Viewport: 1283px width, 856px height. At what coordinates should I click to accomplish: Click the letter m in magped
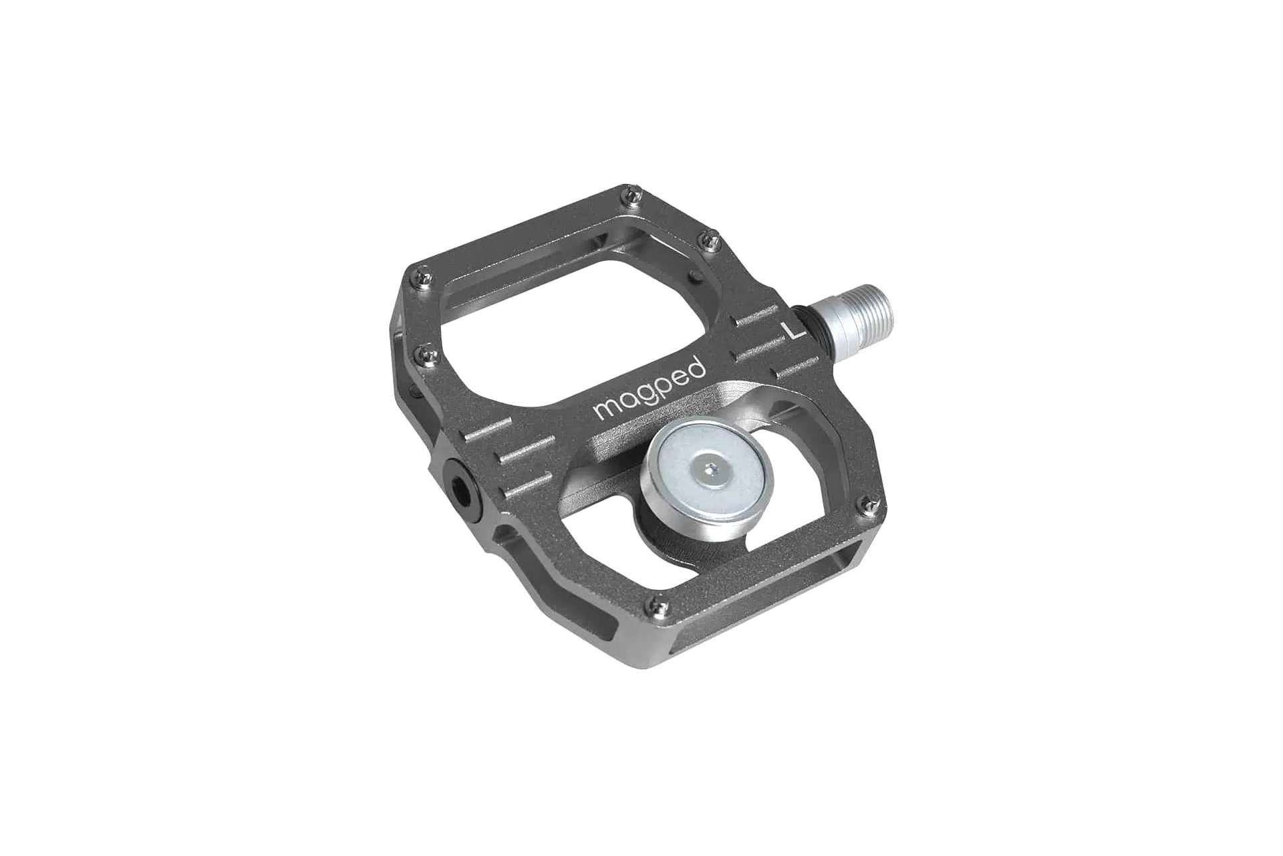(x=604, y=411)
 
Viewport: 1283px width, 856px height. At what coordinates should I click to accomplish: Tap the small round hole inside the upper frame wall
(x=696, y=276)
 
